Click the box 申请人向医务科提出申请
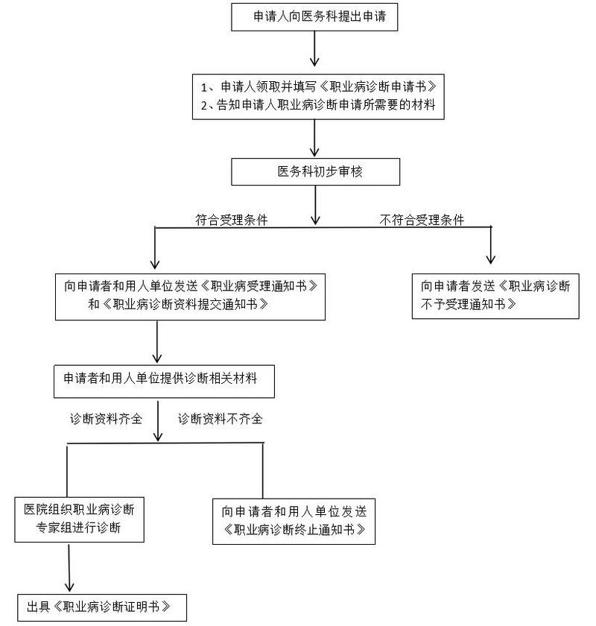pyautogui.click(x=315, y=16)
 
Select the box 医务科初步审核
pyautogui.click(x=315, y=171)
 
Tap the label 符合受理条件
pyautogui.click(x=232, y=220)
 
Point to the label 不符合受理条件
pyautogui.click(x=422, y=220)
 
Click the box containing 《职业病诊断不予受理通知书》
pyautogui.click(x=495, y=295)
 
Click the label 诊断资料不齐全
pyautogui.click(x=220, y=419)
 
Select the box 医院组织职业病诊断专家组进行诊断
pyautogui.click(x=79, y=519)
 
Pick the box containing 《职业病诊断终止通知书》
pyautogui.click(x=294, y=520)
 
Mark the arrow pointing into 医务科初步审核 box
pyautogui.click(x=315, y=139)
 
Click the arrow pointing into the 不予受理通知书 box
pyautogui.click(x=490, y=246)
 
